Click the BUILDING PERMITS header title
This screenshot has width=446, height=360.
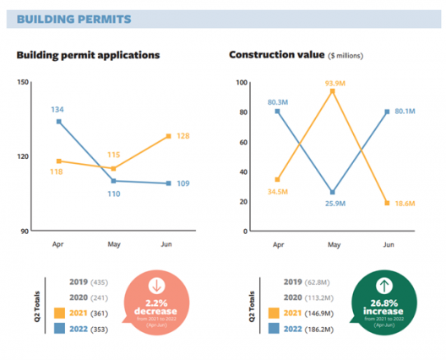pos(74,18)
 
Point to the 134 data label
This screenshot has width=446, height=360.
pos(57,109)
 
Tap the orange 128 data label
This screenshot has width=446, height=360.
pos(182,136)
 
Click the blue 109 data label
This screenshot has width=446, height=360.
pos(182,183)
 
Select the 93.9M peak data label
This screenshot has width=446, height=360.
pos(332,83)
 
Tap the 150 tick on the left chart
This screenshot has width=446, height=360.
pos(23,82)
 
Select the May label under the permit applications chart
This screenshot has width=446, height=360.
pos(113,243)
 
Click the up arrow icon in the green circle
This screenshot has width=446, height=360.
pos(360,285)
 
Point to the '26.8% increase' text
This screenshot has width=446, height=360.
pos(360,307)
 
